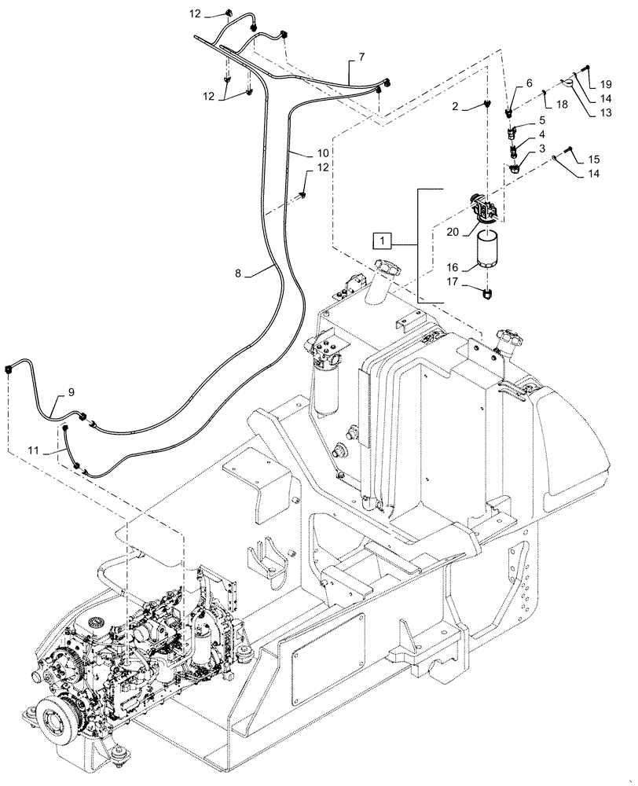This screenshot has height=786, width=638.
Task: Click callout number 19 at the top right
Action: point(606,83)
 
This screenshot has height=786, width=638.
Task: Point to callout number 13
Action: point(606,112)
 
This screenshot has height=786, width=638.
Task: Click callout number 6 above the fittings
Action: point(529,83)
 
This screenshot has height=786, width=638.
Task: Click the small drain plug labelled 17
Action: point(488,294)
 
